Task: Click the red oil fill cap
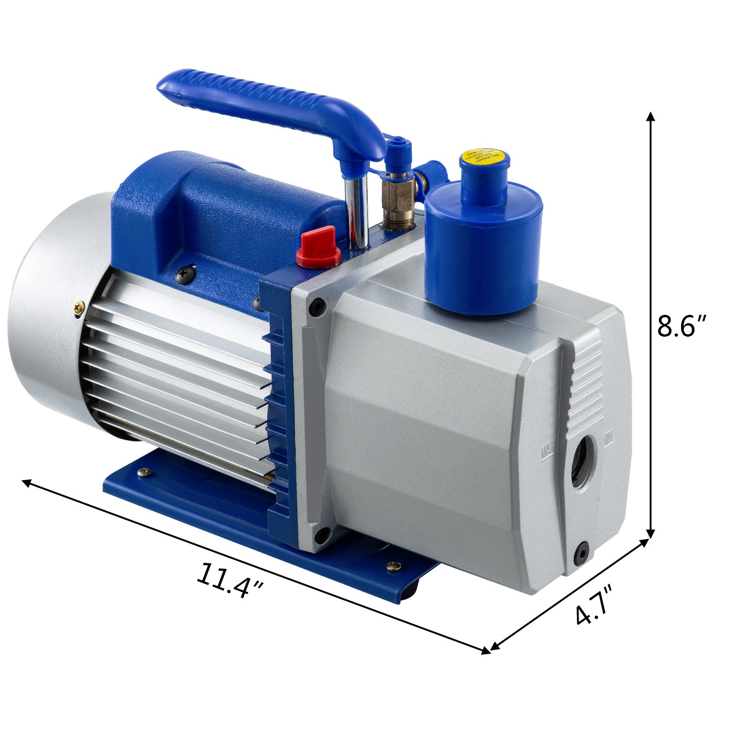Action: pyautogui.click(x=319, y=247)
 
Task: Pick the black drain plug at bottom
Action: pyautogui.click(x=581, y=551)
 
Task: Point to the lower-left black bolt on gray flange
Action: pyautogui.click(x=320, y=537)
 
